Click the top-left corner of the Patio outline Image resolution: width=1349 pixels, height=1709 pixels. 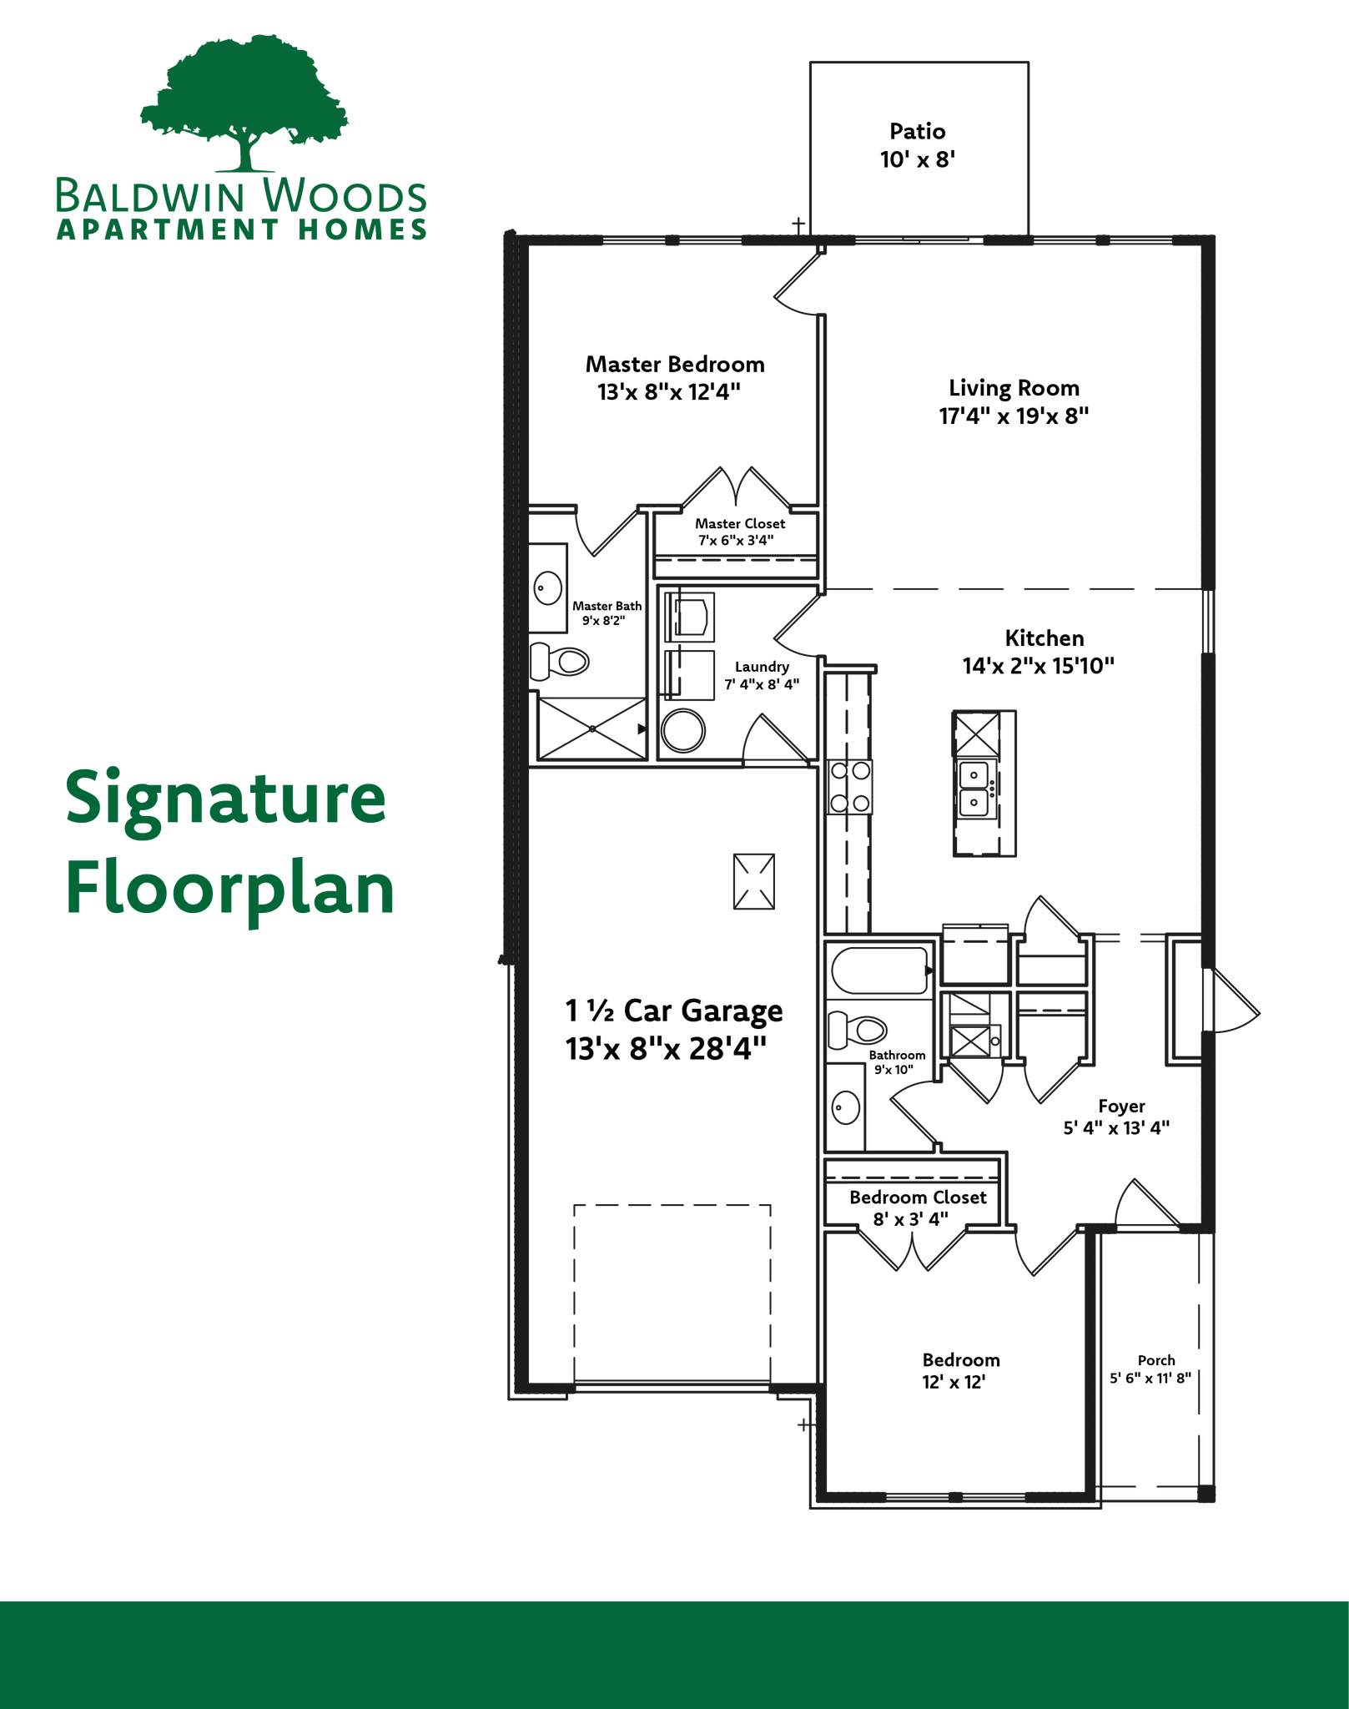click(811, 63)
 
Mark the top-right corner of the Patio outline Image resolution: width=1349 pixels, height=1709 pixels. click(1028, 63)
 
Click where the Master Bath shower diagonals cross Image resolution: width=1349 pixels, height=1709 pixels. click(592, 728)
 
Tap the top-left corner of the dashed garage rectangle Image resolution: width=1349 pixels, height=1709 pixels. click(575, 1205)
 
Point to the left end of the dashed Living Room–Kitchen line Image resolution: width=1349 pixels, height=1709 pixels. click(826, 589)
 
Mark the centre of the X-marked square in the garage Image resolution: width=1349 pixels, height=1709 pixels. click(754, 881)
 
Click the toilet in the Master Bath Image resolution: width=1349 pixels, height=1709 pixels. click(560, 662)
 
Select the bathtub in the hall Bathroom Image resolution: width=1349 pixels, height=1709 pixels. click(880, 970)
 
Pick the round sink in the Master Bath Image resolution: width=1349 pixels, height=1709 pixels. click(548, 588)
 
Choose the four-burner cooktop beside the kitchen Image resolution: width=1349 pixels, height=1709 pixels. click(850, 786)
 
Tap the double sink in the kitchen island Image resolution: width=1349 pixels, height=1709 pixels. click(974, 788)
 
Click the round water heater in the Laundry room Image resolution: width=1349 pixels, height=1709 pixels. click(683, 731)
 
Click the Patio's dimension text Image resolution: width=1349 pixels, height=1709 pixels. click(918, 159)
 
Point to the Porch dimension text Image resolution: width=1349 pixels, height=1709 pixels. click(1150, 1378)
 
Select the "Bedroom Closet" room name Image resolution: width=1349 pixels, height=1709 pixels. click(918, 1197)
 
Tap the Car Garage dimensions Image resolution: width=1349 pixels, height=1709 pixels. click(666, 1048)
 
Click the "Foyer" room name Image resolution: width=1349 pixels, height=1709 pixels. click(1121, 1107)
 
